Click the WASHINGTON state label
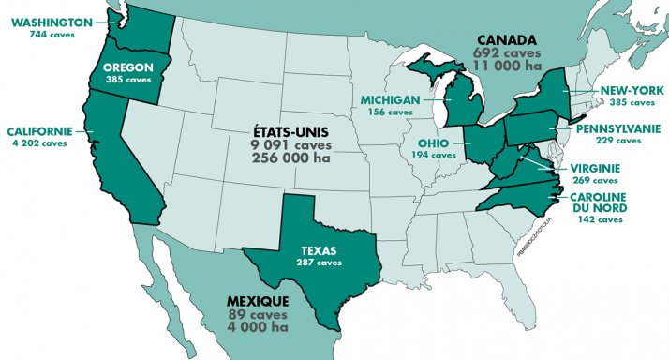(52, 21)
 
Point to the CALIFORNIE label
(40, 130)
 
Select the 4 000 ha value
(258, 328)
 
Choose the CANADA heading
(506, 40)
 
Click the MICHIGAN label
(388, 98)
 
